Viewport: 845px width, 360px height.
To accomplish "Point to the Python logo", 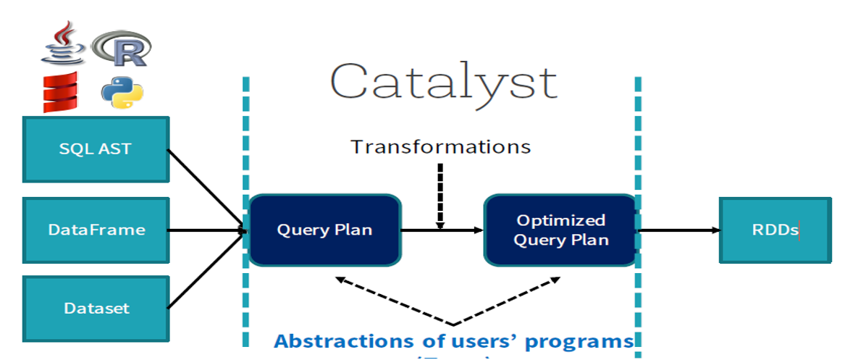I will coord(122,93).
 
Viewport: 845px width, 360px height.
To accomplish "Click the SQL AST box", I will coord(96,149).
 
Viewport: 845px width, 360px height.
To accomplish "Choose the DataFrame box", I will coord(96,230).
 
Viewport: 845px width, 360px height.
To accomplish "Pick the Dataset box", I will coord(96,308).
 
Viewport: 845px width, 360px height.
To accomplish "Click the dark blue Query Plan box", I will coord(324,230).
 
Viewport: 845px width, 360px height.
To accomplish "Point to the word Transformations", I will coord(440,147).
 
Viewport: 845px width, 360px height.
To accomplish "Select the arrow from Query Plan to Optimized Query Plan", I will coord(442,230).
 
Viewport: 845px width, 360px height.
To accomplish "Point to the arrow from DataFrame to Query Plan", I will coord(206,230).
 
